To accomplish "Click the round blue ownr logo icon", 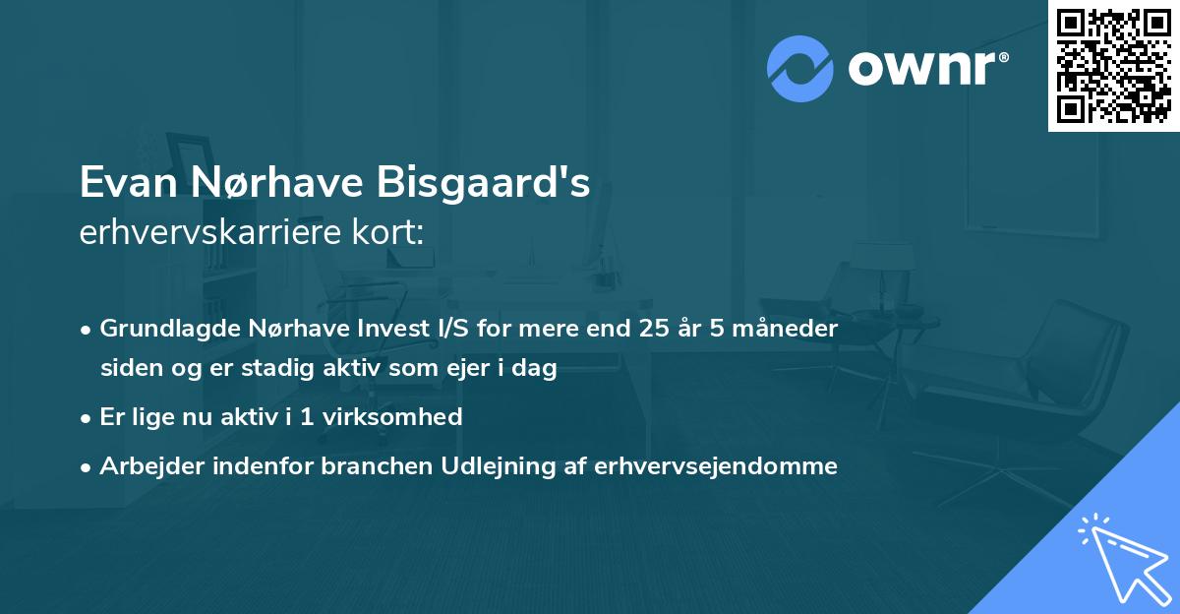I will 800,69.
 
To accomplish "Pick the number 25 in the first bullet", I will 655,329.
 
